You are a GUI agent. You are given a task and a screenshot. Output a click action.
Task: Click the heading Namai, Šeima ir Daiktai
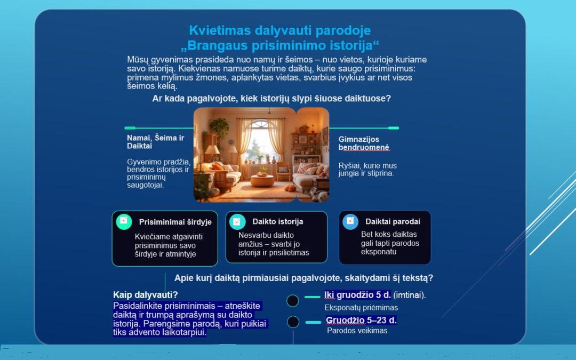click(155, 142)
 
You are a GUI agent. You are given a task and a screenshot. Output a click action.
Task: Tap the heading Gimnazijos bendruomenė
click(364, 143)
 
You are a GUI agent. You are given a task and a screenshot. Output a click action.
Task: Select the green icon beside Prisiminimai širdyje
click(124, 221)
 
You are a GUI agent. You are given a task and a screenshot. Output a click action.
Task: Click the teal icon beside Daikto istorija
click(237, 221)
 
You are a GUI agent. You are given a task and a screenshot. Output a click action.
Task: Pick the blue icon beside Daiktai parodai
click(350, 221)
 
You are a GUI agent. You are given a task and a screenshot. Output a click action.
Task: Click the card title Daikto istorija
click(278, 221)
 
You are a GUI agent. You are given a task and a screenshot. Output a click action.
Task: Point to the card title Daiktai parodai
click(393, 221)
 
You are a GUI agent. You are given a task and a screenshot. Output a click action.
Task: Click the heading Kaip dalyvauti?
click(146, 294)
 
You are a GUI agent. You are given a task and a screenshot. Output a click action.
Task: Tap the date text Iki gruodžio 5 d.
click(357, 295)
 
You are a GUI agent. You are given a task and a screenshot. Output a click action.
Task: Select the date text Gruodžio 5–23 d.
click(361, 321)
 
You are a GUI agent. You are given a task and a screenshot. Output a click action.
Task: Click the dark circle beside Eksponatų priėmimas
click(292, 301)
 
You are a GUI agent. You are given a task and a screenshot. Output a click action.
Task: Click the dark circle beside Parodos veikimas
click(293, 322)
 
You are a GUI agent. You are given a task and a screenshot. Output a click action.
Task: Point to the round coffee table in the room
click(262, 180)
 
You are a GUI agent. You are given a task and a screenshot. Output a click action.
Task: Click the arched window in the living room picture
click(260, 141)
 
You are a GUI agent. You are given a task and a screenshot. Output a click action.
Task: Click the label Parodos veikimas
click(357, 331)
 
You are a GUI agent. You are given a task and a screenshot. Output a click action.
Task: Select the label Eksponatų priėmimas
click(361, 308)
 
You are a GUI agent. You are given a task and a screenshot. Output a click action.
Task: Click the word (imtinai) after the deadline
click(410, 295)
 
